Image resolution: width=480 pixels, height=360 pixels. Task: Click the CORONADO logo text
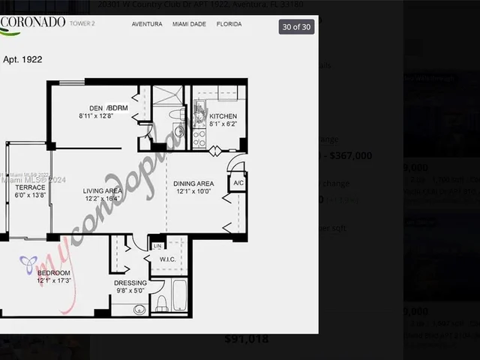[34, 22]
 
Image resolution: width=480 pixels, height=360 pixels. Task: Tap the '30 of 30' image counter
[296, 27]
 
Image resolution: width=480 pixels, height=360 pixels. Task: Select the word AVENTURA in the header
[147, 24]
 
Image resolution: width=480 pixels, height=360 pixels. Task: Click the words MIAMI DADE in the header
[189, 24]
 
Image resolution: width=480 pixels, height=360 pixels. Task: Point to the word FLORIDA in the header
[229, 24]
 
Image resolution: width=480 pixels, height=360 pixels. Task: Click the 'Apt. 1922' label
[22, 58]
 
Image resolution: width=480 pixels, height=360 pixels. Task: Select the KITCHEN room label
[223, 116]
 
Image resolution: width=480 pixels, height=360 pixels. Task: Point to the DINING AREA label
[193, 184]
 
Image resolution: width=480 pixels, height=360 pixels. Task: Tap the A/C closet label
[238, 183]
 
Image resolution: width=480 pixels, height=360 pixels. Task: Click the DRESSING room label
[130, 283]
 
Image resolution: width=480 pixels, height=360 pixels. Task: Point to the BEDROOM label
[54, 273]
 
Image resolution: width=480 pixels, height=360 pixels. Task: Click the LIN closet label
[157, 246]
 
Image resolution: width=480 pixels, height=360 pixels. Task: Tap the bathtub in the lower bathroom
[180, 296]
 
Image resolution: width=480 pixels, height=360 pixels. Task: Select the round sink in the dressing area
[139, 309]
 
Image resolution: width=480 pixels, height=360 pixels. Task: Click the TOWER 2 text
[82, 24]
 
